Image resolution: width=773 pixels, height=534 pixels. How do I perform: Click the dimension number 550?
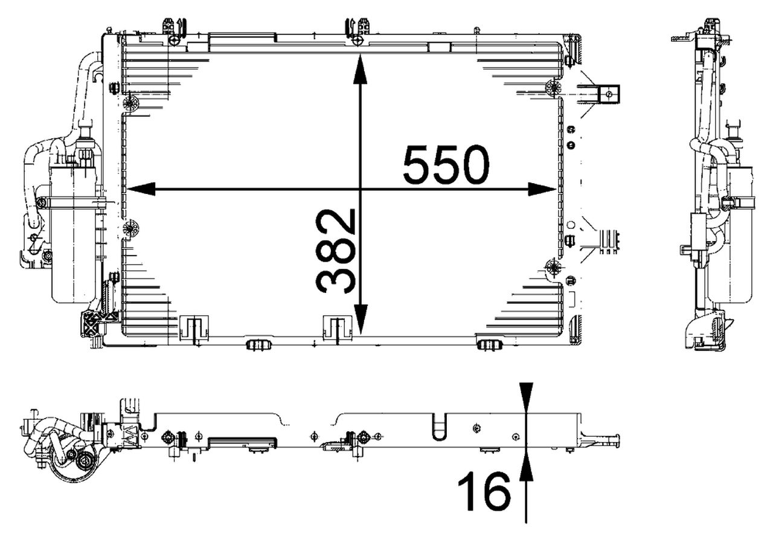pyautogui.click(x=446, y=165)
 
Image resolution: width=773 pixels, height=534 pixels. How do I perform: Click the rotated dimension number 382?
pyautogui.click(x=335, y=251)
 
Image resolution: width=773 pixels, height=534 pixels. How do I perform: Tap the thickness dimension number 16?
pyautogui.click(x=484, y=492)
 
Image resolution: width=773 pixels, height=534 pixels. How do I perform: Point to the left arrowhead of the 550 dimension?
pyautogui.click(x=141, y=189)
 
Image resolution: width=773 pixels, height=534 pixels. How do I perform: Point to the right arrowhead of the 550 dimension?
pyautogui.click(x=542, y=189)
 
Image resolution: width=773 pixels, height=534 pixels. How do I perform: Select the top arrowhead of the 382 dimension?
pyautogui.click(x=361, y=69)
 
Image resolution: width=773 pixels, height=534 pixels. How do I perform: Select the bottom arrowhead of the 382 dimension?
pyautogui.click(x=361, y=320)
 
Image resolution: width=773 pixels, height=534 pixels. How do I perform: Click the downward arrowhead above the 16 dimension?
pyautogui.click(x=526, y=397)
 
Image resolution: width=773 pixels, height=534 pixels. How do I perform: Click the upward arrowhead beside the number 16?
pyautogui.click(x=526, y=466)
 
